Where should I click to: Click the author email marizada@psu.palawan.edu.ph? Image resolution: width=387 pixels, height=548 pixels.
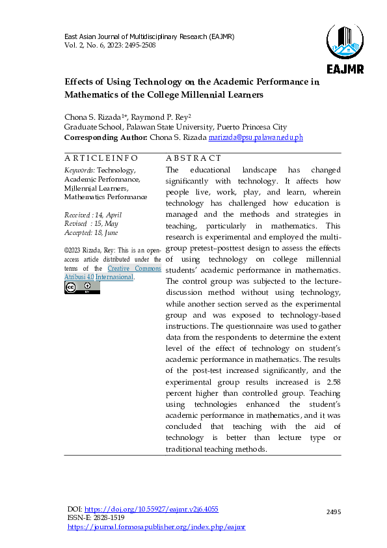[247, 138]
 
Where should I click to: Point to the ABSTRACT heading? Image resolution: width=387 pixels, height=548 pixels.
[193, 158]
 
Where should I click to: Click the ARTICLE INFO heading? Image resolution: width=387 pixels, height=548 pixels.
[101, 158]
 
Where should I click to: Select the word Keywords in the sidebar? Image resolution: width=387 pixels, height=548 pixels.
[79, 169]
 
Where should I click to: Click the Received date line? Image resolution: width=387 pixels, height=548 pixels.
[92, 215]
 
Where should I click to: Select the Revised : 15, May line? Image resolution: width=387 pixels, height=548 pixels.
[91, 223]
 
